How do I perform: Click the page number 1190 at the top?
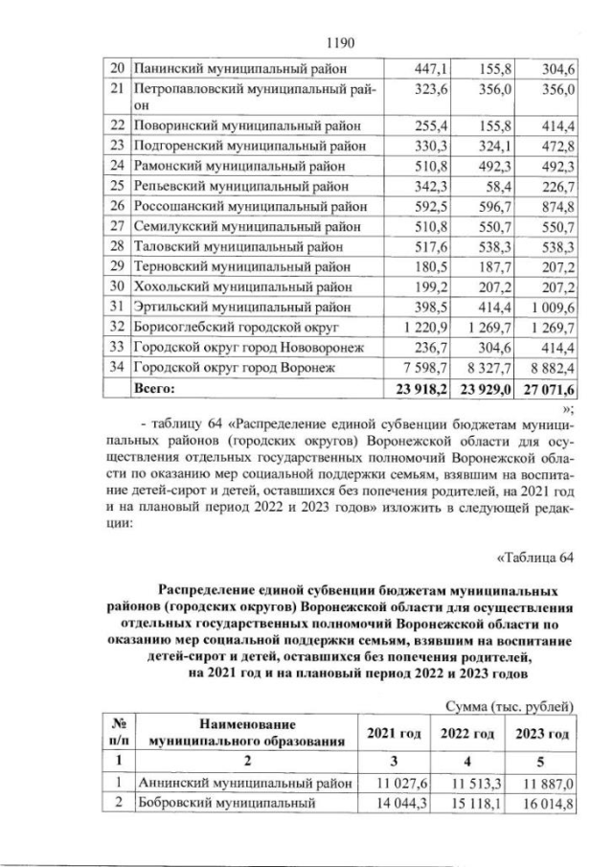342,43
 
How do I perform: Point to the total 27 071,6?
543,390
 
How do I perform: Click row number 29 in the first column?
118,263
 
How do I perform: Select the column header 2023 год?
543,734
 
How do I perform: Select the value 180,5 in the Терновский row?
422,263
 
